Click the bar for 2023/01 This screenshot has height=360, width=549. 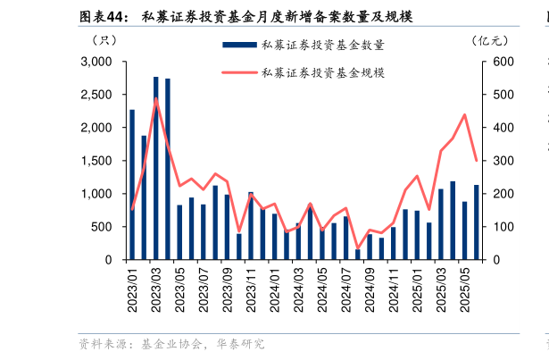point(132,185)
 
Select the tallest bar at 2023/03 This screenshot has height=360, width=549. point(155,168)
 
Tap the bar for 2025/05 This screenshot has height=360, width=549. point(464,230)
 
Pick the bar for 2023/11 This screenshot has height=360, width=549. point(251,226)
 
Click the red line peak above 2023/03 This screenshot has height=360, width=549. point(156,98)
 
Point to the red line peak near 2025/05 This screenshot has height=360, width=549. point(464,114)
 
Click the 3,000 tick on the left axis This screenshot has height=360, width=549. point(96,62)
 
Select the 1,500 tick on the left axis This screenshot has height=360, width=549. point(96,161)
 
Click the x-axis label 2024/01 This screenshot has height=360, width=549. point(275,288)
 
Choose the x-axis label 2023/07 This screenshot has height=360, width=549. point(203,288)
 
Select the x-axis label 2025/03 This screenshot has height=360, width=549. point(441,288)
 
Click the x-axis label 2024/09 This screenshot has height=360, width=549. point(370,288)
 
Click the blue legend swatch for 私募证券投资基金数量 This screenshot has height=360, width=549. point(237,45)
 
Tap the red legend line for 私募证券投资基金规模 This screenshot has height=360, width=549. point(237,72)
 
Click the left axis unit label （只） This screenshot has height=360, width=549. point(104,39)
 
